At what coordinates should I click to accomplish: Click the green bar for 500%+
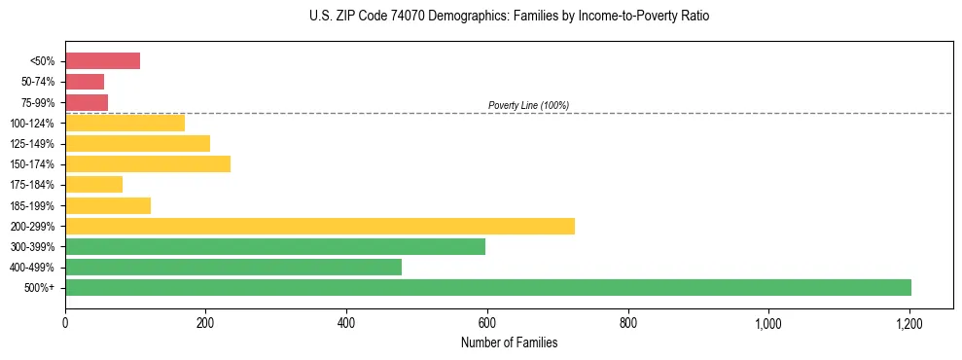click(x=487, y=287)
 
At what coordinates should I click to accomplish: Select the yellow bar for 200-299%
click(x=319, y=226)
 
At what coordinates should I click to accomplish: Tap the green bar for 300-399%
click(x=274, y=246)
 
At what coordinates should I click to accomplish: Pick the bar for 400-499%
click(x=232, y=267)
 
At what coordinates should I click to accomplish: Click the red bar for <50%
click(x=102, y=61)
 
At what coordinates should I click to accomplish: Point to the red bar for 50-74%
click(x=84, y=82)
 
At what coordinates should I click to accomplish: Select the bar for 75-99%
click(x=86, y=102)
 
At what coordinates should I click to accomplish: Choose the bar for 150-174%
click(x=147, y=163)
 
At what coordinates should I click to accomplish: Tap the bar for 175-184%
click(x=93, y=184)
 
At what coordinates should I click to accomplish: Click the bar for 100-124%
click(x=125, y=123)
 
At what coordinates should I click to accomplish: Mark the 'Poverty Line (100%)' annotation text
click(x=528, y=105)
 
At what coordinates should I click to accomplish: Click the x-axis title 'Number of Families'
click(x=509, y=342)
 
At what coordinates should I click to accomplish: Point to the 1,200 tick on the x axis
click(x=909, y=323)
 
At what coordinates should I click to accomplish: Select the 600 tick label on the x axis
click(x=487, y=323)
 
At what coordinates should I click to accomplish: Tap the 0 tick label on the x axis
click(x=65, y=323)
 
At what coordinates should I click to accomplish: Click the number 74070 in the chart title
click(x=396, y=17)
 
